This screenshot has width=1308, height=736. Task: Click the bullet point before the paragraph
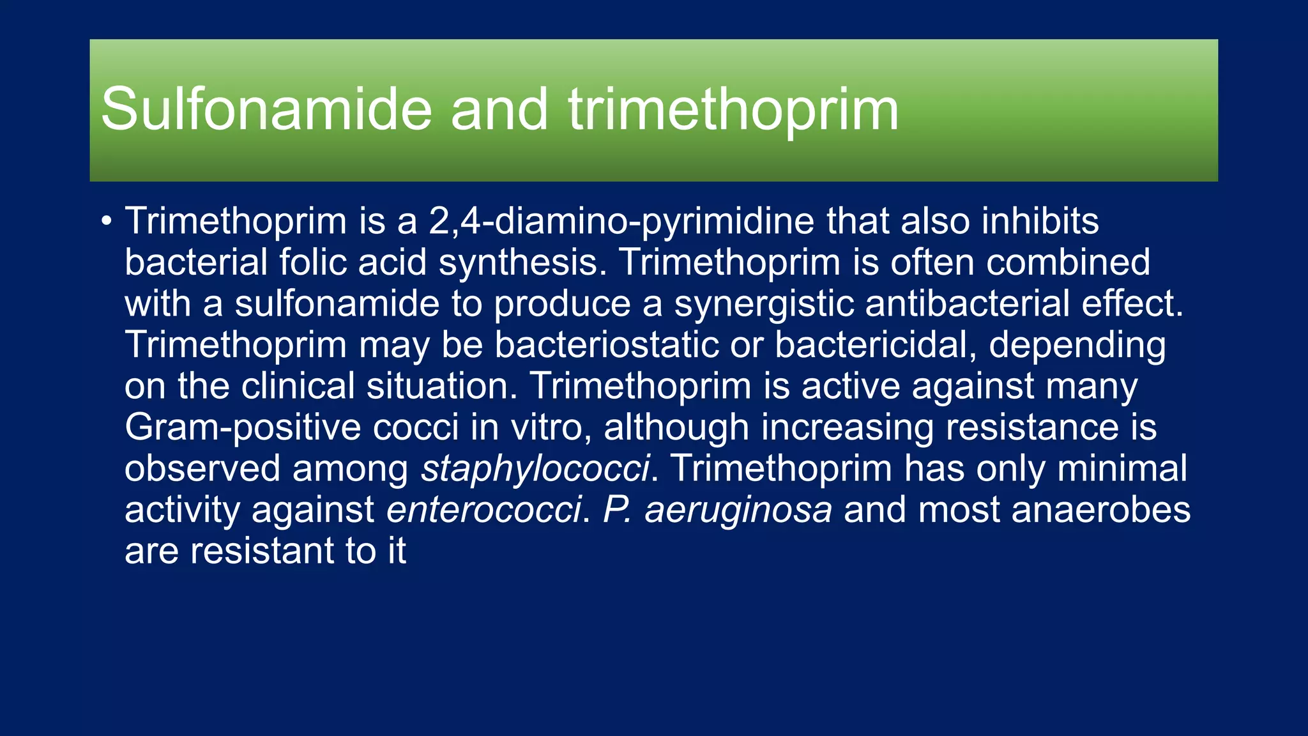[x=106, y=222]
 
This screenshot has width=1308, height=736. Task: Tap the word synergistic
[x=764, y=304]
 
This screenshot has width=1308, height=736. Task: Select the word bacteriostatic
[x=607, y=346]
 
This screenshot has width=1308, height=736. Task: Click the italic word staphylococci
[x=535, y=469]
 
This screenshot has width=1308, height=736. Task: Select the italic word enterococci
[x=484, y=510]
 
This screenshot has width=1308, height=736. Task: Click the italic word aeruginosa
[x=738, y=510]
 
